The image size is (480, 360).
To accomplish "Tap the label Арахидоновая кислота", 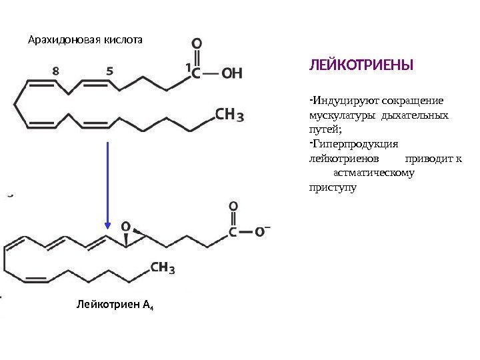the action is pos(85,39).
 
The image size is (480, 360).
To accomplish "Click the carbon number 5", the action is pos(109,69).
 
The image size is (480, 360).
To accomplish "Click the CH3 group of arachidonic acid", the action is pos(229,115).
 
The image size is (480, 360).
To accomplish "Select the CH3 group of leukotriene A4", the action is pos(163,268).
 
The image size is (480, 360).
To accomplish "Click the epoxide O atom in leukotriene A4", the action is pos(125,226).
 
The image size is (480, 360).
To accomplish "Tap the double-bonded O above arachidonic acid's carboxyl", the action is pos(197,45).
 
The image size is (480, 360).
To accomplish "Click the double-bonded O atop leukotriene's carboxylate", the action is pos(233,207).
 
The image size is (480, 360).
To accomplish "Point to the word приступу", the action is pos(332,187).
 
